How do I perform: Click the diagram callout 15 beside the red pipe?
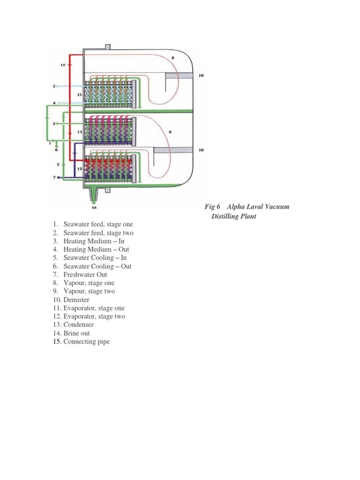(x=63, y=65)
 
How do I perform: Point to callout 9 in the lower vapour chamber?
(x=170, y=132)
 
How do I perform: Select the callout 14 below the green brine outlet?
(x=94, y=207)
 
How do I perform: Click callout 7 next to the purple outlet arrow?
(x=54, y=178)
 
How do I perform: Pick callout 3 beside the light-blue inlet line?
(x=54, y=86)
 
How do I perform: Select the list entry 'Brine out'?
(x=76, y=333)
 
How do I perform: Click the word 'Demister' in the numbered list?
(x=76, y=300)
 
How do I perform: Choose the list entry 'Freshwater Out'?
(x=85, y=275)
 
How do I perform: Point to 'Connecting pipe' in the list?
(x=86, y=342)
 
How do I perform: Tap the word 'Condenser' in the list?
(x=78, y=325)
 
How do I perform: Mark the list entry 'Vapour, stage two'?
(x=89, y=291)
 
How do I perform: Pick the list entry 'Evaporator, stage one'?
(x=94, y=308)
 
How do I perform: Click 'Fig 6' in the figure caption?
(x=212, y=207)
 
